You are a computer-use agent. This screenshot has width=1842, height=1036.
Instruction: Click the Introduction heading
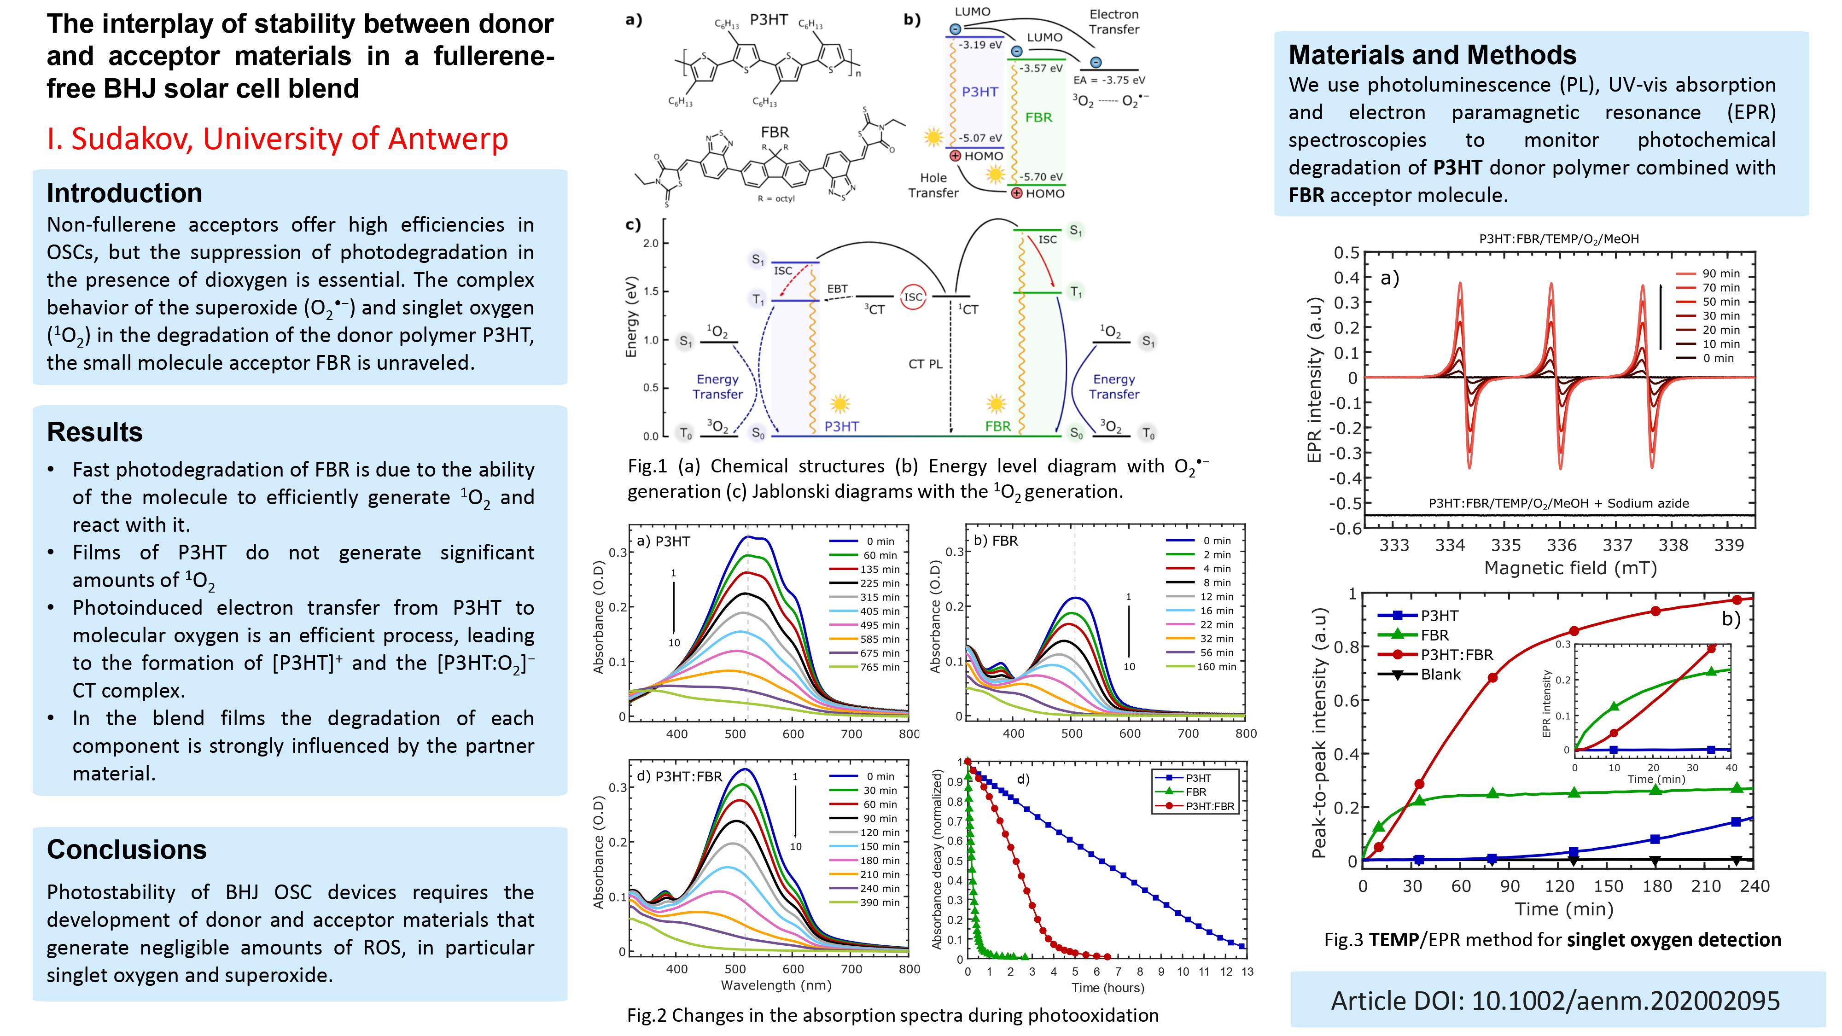pyautogui.click(x=124, y=193)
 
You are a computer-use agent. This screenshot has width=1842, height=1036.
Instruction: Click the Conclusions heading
pyautogui.click(x=127, y=850)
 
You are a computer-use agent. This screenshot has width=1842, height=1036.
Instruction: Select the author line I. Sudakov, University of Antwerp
pyautogui.click(x=277, y=139)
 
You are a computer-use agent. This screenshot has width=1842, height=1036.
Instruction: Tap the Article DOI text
pyautogui.click(x=1555, y=1000)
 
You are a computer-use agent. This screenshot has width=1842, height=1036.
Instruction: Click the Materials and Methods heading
pyautogui.click(x=1432, y=55)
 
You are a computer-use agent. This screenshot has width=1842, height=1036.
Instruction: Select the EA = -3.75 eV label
pyautogui.click(x=1109, y=80)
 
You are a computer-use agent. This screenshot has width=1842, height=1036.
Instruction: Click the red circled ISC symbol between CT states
pyautogui.click(x=913, y=297)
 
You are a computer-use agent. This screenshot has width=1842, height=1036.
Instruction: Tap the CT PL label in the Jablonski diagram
pyautogui.click(x=925, y=364)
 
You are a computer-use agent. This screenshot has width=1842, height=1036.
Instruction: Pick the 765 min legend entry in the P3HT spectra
pyautogui.click(x=880, y=667)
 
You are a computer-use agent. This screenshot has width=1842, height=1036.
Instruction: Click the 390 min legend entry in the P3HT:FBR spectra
pyautogui.click(x=880, y=903)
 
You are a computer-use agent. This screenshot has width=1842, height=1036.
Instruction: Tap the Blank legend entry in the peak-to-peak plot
pyautogui.click(x=1440, y=674)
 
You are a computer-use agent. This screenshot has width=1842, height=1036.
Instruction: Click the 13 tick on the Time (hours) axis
pyautogui.click(x=1247, y=972)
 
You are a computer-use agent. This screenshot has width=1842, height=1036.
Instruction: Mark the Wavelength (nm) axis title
pyautogui.click(x=776, y=985)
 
